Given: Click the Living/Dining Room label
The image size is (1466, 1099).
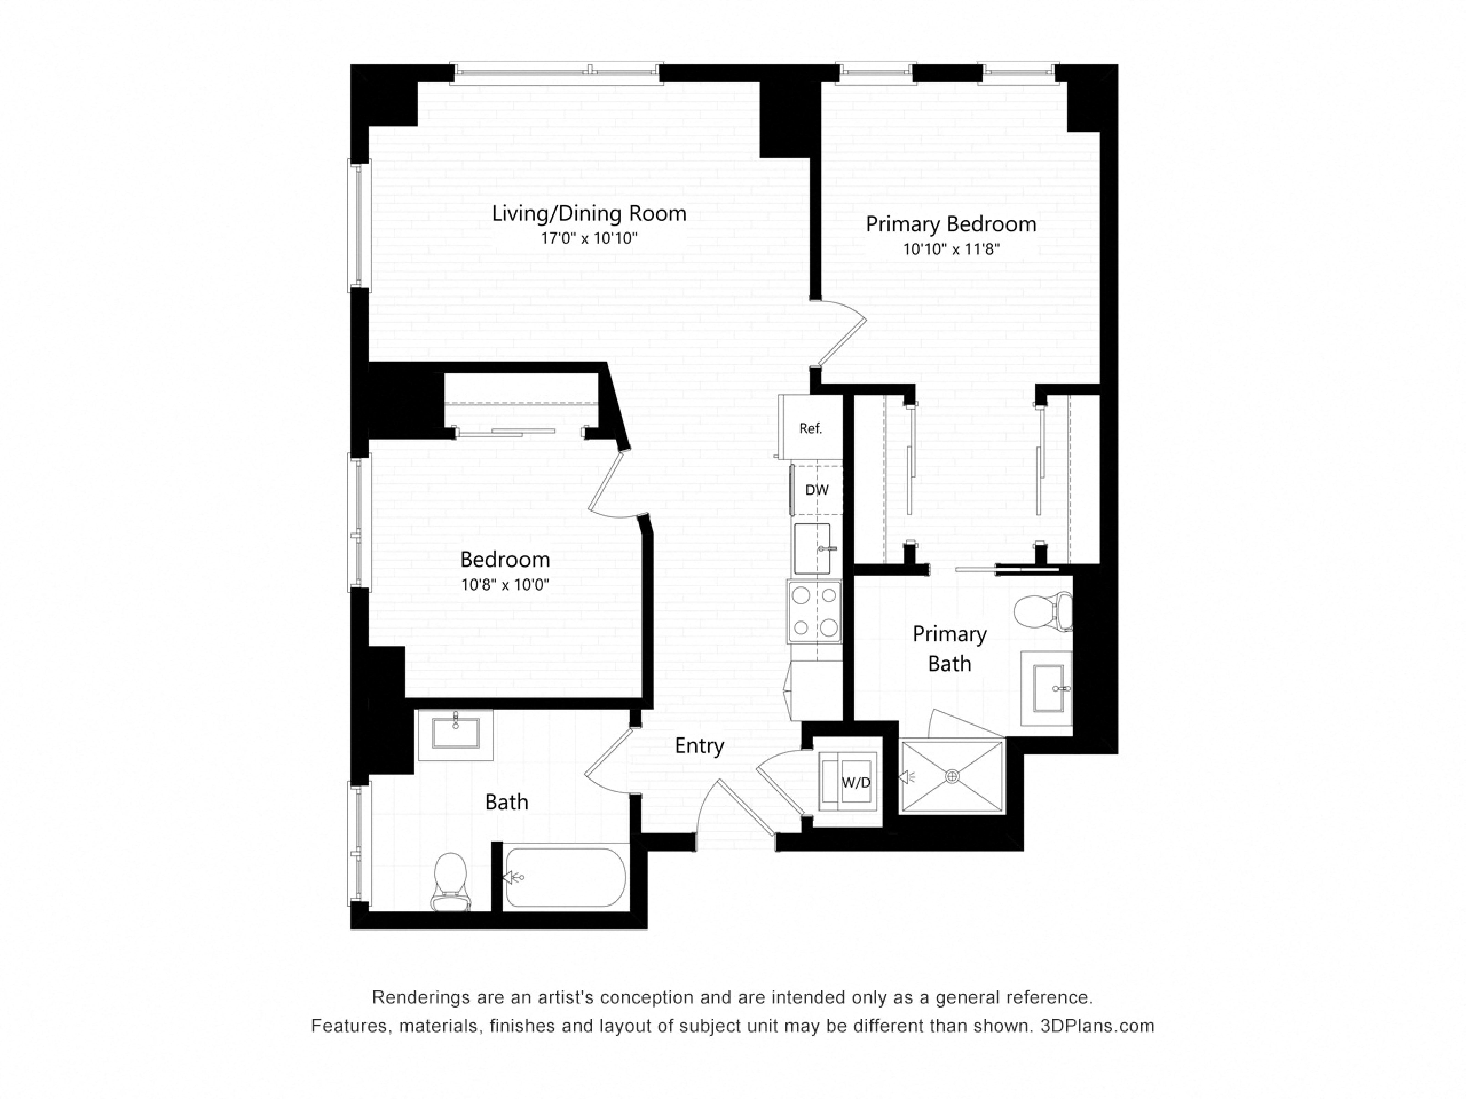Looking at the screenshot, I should click(x=588, y=213).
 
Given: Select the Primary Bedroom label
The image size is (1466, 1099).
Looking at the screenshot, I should click(x=950, y=224).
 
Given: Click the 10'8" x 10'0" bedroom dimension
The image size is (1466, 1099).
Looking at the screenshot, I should click(x=505, y=585).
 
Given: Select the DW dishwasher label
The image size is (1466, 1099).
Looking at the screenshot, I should click(x=817, y=490).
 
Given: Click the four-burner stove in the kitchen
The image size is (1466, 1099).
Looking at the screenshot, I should click(x=815, y=611).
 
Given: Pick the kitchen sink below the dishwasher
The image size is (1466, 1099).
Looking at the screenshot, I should click(x=812, y=548).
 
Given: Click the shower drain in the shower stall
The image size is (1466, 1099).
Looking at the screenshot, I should click(x=952, y=776).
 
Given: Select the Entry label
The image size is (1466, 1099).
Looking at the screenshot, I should click(x=699, y=746).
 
